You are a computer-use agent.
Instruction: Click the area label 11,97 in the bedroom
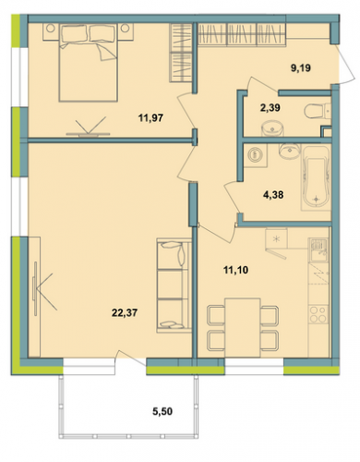pos(150,117)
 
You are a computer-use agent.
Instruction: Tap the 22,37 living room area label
pos(125,313)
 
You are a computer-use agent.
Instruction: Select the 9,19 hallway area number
pos(301,67)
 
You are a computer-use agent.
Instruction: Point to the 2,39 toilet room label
pos(270,108)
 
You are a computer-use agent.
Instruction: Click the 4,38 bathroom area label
pos(273,194)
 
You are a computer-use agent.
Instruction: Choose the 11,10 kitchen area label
pos(236,270)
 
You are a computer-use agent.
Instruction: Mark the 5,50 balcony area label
pos(162,411)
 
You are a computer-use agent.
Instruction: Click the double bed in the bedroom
pos(89,63)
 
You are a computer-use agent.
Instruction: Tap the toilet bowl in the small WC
pos(316,111)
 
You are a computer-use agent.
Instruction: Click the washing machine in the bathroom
pos(255,154)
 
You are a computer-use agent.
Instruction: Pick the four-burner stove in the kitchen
pos(318,314)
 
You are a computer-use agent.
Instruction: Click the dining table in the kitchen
pos(243,327)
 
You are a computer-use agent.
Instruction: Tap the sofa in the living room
pos(174,286)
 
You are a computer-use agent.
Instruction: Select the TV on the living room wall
pos(35,288)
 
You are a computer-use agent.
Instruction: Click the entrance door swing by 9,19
pos(347,64)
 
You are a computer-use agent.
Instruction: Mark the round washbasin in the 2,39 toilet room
pos(272,128)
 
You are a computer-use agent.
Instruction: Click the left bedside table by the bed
pos(51,31)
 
